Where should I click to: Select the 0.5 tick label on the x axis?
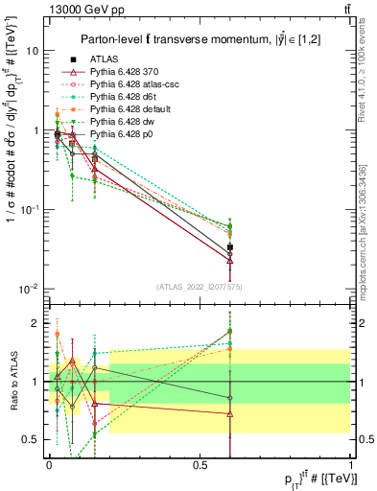(x=200, y=464)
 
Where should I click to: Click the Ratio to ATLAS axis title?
(x=12, y=381)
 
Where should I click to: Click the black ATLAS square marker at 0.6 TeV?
(x=229, y=247)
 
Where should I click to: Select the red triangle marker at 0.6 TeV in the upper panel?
(x=229, y=260)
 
